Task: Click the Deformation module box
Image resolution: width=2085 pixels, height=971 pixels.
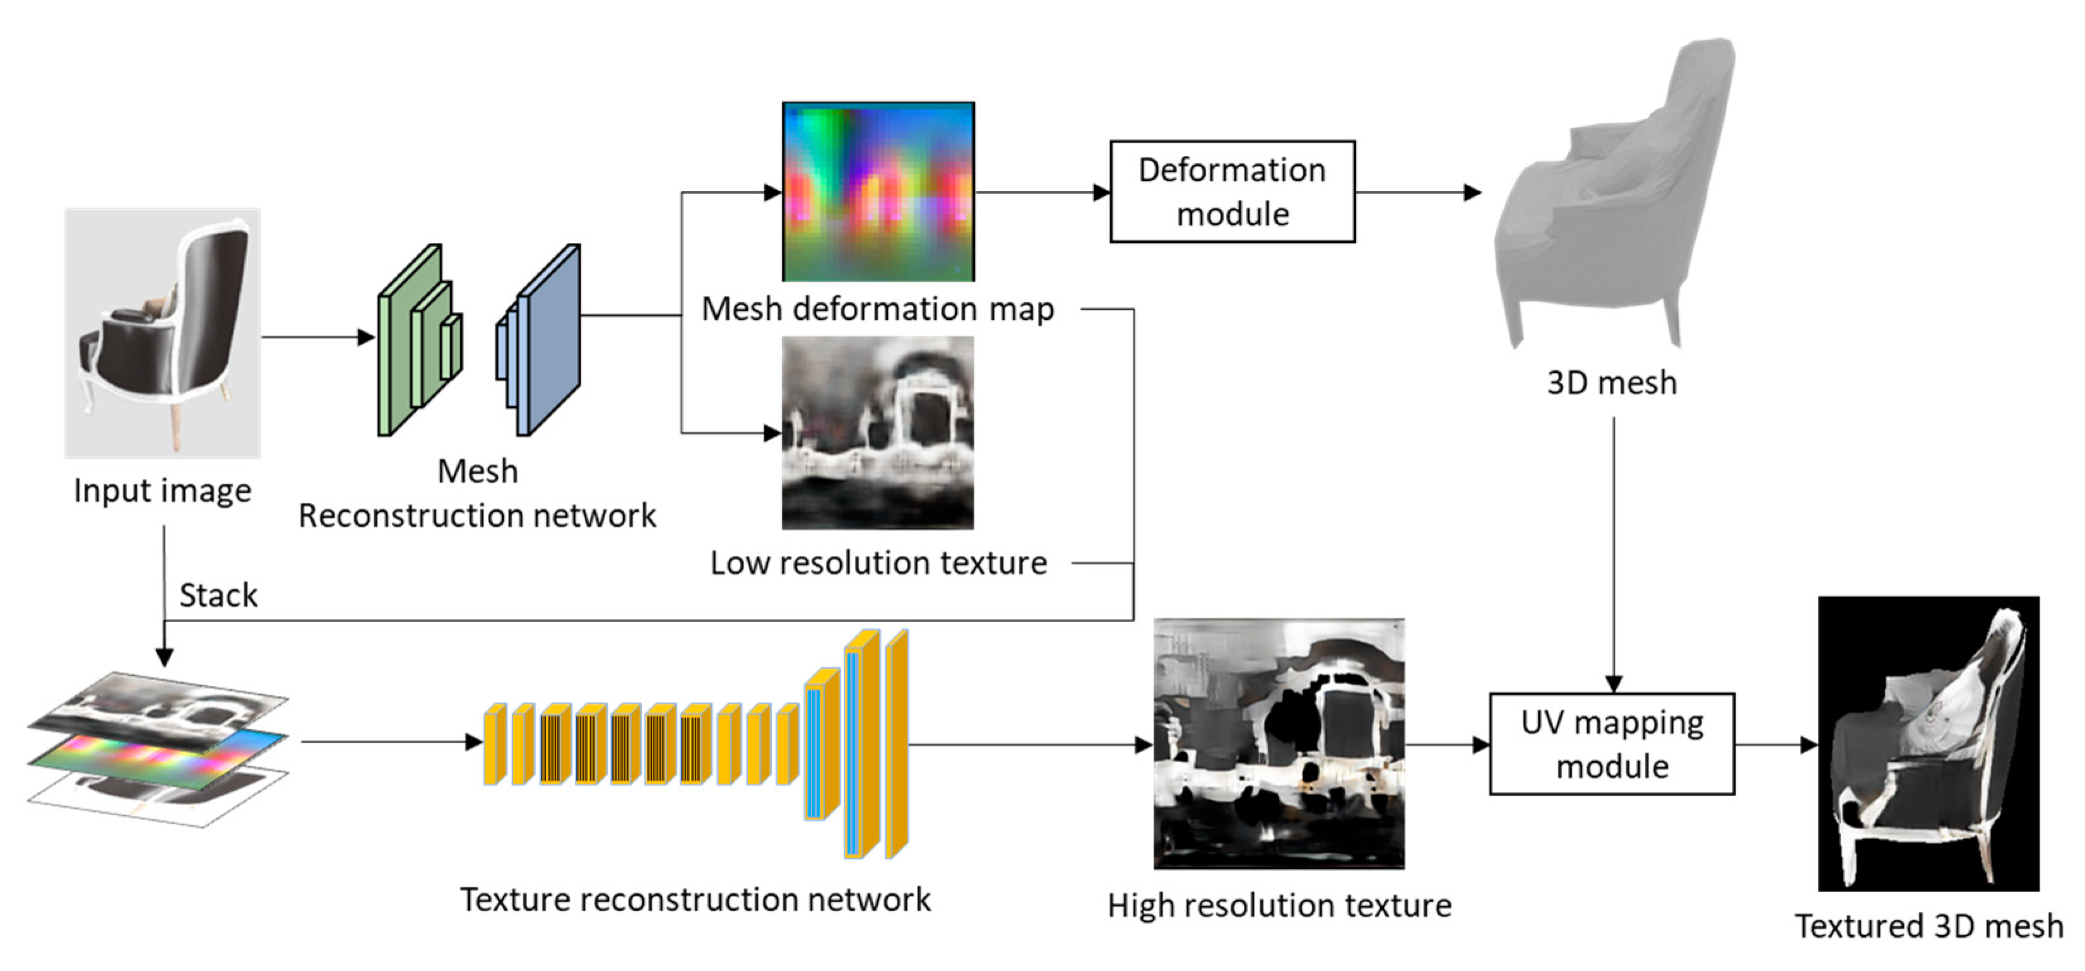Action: tap(1232, 192)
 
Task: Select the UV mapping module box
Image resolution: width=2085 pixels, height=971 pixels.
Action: tap(1612, 744)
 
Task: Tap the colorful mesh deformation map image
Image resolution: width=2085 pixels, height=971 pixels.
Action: tap(878, 192)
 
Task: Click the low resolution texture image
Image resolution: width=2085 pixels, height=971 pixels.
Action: tap(878, 433)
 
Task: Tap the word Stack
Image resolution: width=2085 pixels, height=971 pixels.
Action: tap(218, 596)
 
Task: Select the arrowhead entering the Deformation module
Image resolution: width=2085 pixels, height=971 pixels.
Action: tap(1101, 192)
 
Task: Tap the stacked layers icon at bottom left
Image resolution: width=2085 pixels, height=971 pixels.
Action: tap(158, 748)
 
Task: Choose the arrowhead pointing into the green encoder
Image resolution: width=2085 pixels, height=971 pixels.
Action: tap(366, 338)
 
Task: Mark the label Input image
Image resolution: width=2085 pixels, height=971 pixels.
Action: tap(163, 491)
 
